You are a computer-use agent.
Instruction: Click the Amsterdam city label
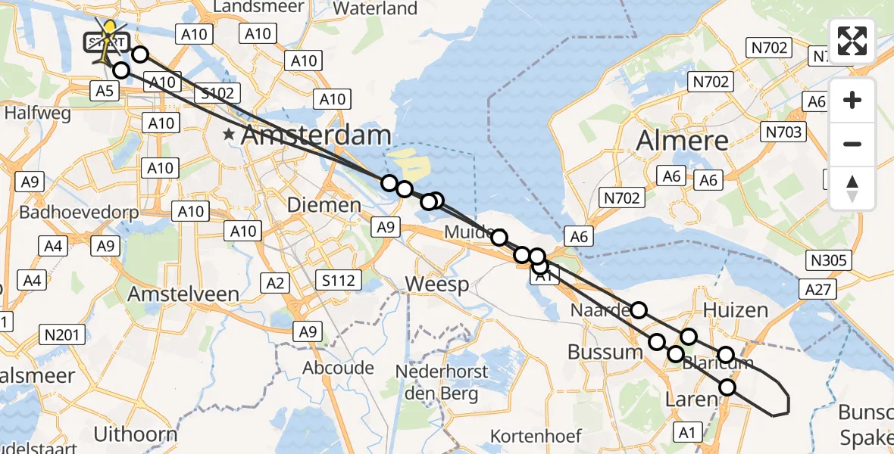[x=316, y=136]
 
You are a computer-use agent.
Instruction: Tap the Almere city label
[x=682, y=140]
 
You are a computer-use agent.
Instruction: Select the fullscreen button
[x=852, y=41]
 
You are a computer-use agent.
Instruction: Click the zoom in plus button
[x=852, y=100]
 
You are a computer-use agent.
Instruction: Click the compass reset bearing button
[x=852, y=188]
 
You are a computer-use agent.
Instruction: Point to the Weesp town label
[x=437, y=285]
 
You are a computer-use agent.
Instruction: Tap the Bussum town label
[x=605, y=352]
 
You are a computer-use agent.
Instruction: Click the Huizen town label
[x=735, y=310]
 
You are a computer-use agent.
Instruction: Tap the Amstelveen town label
[x=183, y=294]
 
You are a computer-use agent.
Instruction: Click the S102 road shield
[x=217, y=93]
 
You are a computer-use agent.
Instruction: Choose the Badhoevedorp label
[x=79, y=212]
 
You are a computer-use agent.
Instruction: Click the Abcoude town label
[x=338, y=368]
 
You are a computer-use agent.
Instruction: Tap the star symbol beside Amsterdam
[x=229, y=135]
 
